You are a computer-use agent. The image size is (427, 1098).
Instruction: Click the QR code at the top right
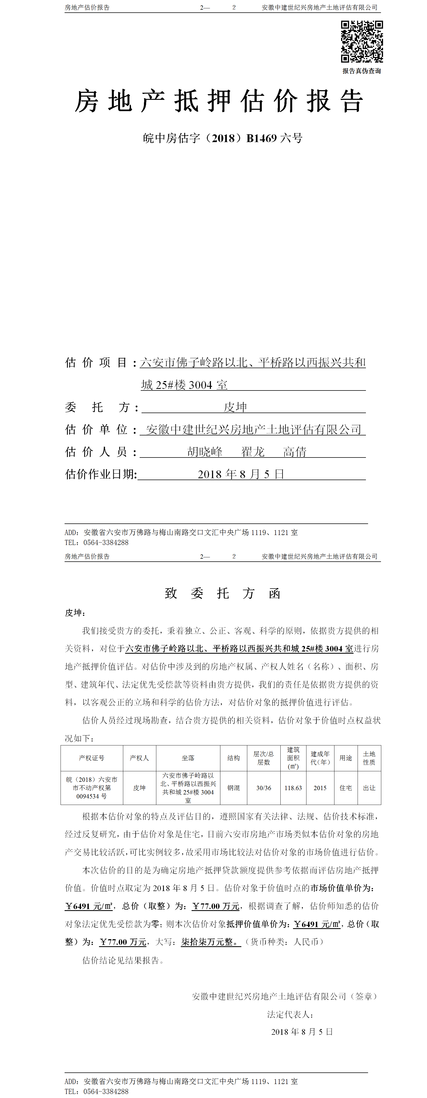pos(362,42)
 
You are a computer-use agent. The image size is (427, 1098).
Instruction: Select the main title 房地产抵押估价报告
pos(219,101)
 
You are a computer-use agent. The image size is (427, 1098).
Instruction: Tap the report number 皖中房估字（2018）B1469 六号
pos(223,138)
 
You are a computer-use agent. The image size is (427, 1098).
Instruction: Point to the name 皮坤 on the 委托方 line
pos(235,407)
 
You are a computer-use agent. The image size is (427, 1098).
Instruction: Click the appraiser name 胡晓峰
pos(205,452)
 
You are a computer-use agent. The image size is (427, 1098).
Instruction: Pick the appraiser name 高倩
pos(295,452)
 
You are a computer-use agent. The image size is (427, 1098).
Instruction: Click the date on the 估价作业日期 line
pos(241,474)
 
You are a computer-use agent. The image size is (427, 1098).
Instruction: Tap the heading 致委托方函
pos(223,593)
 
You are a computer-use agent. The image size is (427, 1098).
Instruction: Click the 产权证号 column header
pos(92,758)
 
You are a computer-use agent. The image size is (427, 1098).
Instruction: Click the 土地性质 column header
pos(369,758)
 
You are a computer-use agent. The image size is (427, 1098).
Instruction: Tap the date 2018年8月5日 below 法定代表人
pos(302,1032)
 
